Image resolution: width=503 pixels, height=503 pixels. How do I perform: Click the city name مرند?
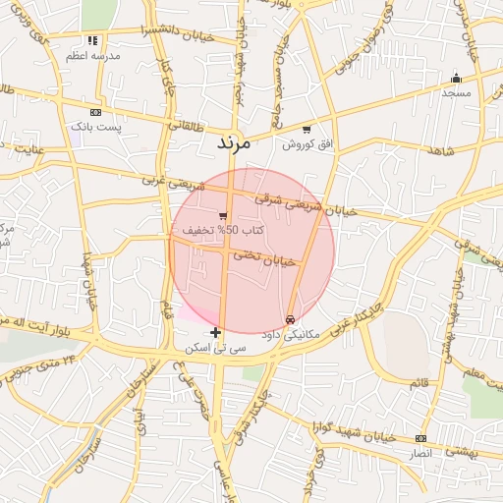click(234, 143)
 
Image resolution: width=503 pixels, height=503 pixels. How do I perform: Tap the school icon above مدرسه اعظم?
click(92, 41)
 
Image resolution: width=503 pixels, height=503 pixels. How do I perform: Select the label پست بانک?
click(95, 128)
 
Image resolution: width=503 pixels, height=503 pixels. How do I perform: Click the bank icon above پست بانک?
click(95, 113)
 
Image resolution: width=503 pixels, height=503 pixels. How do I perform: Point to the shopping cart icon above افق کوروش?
click(307, 130)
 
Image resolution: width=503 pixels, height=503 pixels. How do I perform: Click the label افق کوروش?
click(306, 144)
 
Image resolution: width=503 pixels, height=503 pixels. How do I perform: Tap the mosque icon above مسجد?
click(456, 78)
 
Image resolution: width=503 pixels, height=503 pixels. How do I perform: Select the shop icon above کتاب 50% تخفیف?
click(224, 215)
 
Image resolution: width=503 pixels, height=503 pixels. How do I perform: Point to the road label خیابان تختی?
click(262, 257)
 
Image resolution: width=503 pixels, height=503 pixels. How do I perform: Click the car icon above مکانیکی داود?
click(290, 319)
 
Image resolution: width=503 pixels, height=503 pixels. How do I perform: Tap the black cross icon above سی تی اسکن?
click(216, 333)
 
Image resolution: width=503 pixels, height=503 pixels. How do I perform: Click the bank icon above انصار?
click(420, 438)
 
